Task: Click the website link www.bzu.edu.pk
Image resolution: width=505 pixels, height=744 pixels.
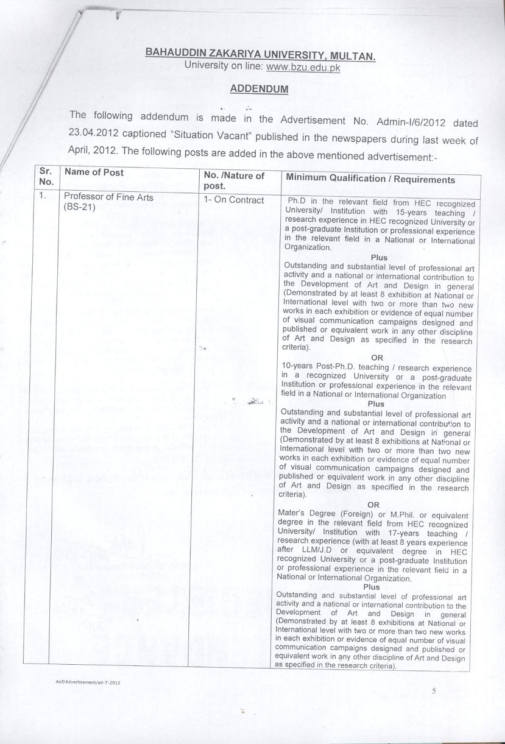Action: tap(303, 67)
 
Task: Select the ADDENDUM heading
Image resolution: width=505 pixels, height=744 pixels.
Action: tap(259, 89)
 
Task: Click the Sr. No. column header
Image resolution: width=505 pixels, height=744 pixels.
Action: tap(46, 177)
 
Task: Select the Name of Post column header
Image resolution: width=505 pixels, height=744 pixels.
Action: tap(94, 172)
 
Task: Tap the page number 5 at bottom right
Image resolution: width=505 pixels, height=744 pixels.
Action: tap(434, 691)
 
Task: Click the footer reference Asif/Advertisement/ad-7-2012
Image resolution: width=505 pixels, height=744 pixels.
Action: tap(87, 682)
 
